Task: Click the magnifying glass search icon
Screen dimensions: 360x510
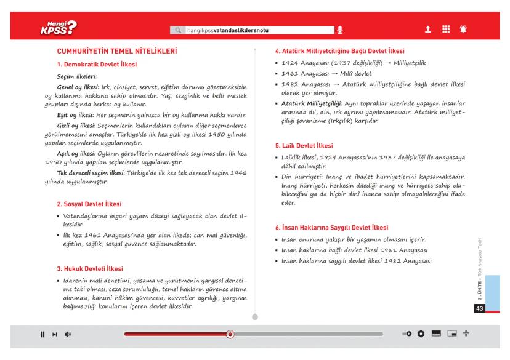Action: coord(178,30)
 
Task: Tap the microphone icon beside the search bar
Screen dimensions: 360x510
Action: coord(339,30)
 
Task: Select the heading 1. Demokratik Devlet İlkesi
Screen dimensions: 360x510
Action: coord(96,65)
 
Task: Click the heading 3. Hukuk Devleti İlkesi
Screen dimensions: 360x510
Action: coord(90,268)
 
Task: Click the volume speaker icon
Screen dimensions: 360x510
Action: coord(67,334)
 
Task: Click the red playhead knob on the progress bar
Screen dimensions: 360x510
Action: coord(230,334)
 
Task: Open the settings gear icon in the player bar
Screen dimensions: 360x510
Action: coord(421,334)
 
